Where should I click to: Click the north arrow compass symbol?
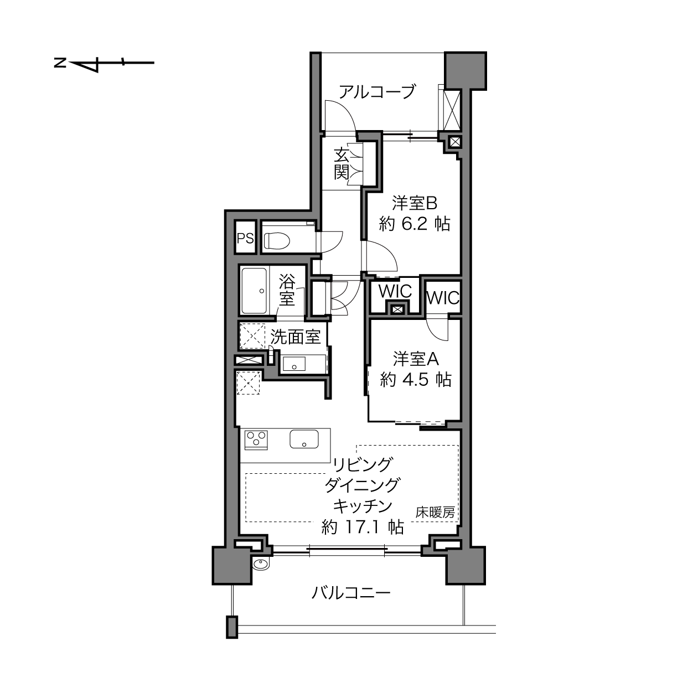pos(104,63)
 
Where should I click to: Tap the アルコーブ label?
pos(377,92)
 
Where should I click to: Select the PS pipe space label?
pos(245,239)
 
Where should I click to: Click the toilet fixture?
pos(277,240)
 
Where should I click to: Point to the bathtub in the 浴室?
pos(254,291)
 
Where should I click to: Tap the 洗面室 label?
pos(295,337)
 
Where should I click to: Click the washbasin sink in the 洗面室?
pos(294,364)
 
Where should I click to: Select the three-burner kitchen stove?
pos(256,440)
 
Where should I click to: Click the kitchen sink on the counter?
pos(304,439)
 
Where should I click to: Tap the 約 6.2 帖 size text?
pos(414,224)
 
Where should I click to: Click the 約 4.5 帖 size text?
pos(416,379)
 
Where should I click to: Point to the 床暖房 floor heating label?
pos(435,513)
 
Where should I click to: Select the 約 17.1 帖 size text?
pos(363,527)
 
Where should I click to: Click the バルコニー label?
pos(351,593)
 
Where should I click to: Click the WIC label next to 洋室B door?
pos(395,291)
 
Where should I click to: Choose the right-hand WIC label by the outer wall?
pos(443,298)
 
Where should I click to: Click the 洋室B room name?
pos(414,204)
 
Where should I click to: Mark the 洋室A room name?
pos(416,359)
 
